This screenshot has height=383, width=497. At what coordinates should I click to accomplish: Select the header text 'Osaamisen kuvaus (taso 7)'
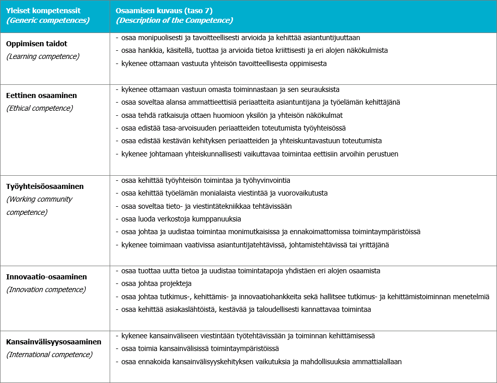[x=160, y=10]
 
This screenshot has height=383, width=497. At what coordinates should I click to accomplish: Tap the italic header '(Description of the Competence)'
[x=174, y=20]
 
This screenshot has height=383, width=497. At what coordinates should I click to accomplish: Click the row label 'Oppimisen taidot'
[x=37, y=44]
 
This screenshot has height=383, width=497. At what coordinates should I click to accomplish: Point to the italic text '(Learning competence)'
[x=43, y=56]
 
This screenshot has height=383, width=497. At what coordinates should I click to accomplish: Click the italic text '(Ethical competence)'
[x=40, y=108]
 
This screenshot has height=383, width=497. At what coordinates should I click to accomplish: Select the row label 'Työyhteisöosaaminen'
[x=45, y=186]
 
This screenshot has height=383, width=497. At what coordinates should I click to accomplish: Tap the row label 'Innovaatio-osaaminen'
[x=46, y=277]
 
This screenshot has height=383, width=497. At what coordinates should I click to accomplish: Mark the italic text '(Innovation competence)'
[x=46, y=290]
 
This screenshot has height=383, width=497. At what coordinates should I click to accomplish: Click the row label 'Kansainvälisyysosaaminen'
[x=54, y=342]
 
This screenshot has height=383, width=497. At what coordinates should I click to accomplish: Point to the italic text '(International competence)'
[x=49, y=355]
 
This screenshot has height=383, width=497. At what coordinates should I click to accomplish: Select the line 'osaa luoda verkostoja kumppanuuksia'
[x=181, y=219]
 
